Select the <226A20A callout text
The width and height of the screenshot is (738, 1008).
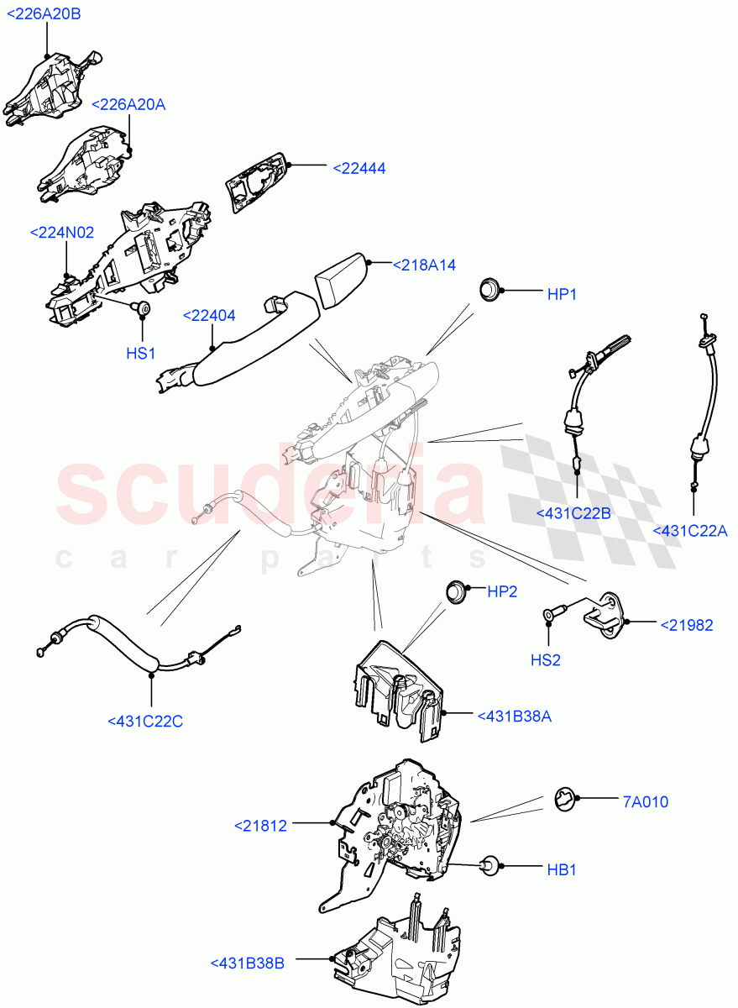tap(128, 104)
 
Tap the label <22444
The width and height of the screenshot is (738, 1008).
tap(359, 168)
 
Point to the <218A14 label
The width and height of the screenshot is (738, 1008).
tap(424, 265)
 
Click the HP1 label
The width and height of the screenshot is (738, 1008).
tap(568, 294)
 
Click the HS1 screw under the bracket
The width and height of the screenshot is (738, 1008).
tap(144, 310)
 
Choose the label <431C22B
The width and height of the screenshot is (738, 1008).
tap(573, 512)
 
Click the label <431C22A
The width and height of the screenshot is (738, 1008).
tap(690, 530)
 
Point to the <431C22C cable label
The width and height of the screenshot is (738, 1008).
tap(146, 720)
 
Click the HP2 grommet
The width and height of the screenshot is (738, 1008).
tap(456, 591)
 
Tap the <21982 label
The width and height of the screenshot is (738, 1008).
tap(686, 624)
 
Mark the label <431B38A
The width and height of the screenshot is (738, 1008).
tap(514, 716)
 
